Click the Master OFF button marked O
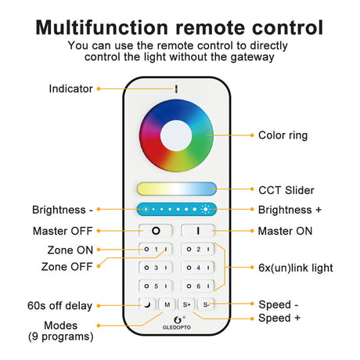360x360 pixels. coord(155,232)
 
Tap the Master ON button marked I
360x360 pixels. coord(198,232)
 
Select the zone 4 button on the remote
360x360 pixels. coord(198,268)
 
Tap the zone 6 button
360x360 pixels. coord(198,286)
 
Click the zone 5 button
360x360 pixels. coord(155,286)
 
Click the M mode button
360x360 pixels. coord(167,304)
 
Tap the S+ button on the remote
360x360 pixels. coord(187,304)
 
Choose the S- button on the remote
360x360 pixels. coord(207,304)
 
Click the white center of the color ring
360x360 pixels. coord(177,135)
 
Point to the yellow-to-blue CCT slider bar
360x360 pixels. coord(177,189)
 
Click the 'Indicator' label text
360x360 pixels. coord(70,89)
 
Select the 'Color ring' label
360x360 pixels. coord(284,135)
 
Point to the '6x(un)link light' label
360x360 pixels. coord(295,268)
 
